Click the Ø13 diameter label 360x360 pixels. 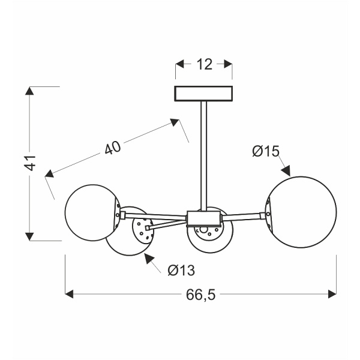click(x=181, y=271)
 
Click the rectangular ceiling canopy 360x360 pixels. click(x=204, y=94)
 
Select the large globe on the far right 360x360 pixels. click(x=301, y=208)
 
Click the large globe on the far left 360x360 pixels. click(x=92, y=214)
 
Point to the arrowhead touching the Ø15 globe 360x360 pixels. click(x=287, y=172)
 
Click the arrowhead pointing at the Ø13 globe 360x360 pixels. click(x=147, y=259)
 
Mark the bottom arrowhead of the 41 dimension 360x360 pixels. click(x=28, y=235)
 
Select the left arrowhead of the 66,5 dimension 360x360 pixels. click(x=69, y=294)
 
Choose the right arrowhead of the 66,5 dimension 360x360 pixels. click(x=332, y=294)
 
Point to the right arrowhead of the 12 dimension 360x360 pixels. click(x=227, y=62)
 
